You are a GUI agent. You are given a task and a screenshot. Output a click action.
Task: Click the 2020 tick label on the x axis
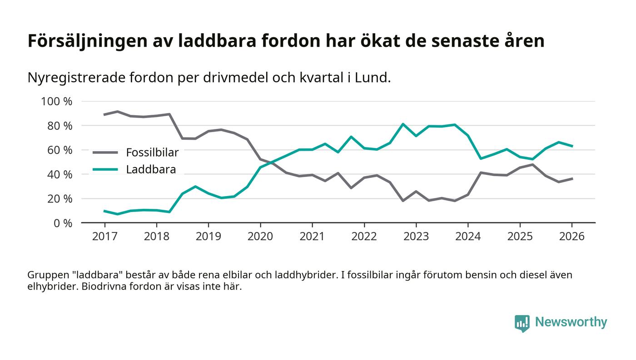(260, 237)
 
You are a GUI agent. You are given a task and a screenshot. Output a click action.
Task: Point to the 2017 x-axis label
(104, 237)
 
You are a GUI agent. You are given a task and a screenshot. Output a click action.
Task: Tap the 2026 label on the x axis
(572, 237)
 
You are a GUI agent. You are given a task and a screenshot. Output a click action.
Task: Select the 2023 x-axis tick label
(416, 237)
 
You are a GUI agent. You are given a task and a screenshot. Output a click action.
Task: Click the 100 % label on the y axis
(57, 101)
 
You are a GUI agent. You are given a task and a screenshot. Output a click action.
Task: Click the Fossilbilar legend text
(152, 153)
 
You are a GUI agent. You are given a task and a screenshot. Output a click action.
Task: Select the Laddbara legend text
(151, 170)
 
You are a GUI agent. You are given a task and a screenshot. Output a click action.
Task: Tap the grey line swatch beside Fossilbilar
(105, 153)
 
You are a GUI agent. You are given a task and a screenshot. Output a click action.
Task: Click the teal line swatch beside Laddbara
(105, 170)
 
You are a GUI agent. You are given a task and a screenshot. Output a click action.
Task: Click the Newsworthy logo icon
(522, 323)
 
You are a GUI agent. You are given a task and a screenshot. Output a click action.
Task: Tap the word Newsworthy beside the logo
(571, 322)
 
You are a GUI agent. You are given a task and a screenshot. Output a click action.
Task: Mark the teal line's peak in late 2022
(403, 124)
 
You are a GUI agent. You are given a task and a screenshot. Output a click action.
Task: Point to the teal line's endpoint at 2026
(572, 146)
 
